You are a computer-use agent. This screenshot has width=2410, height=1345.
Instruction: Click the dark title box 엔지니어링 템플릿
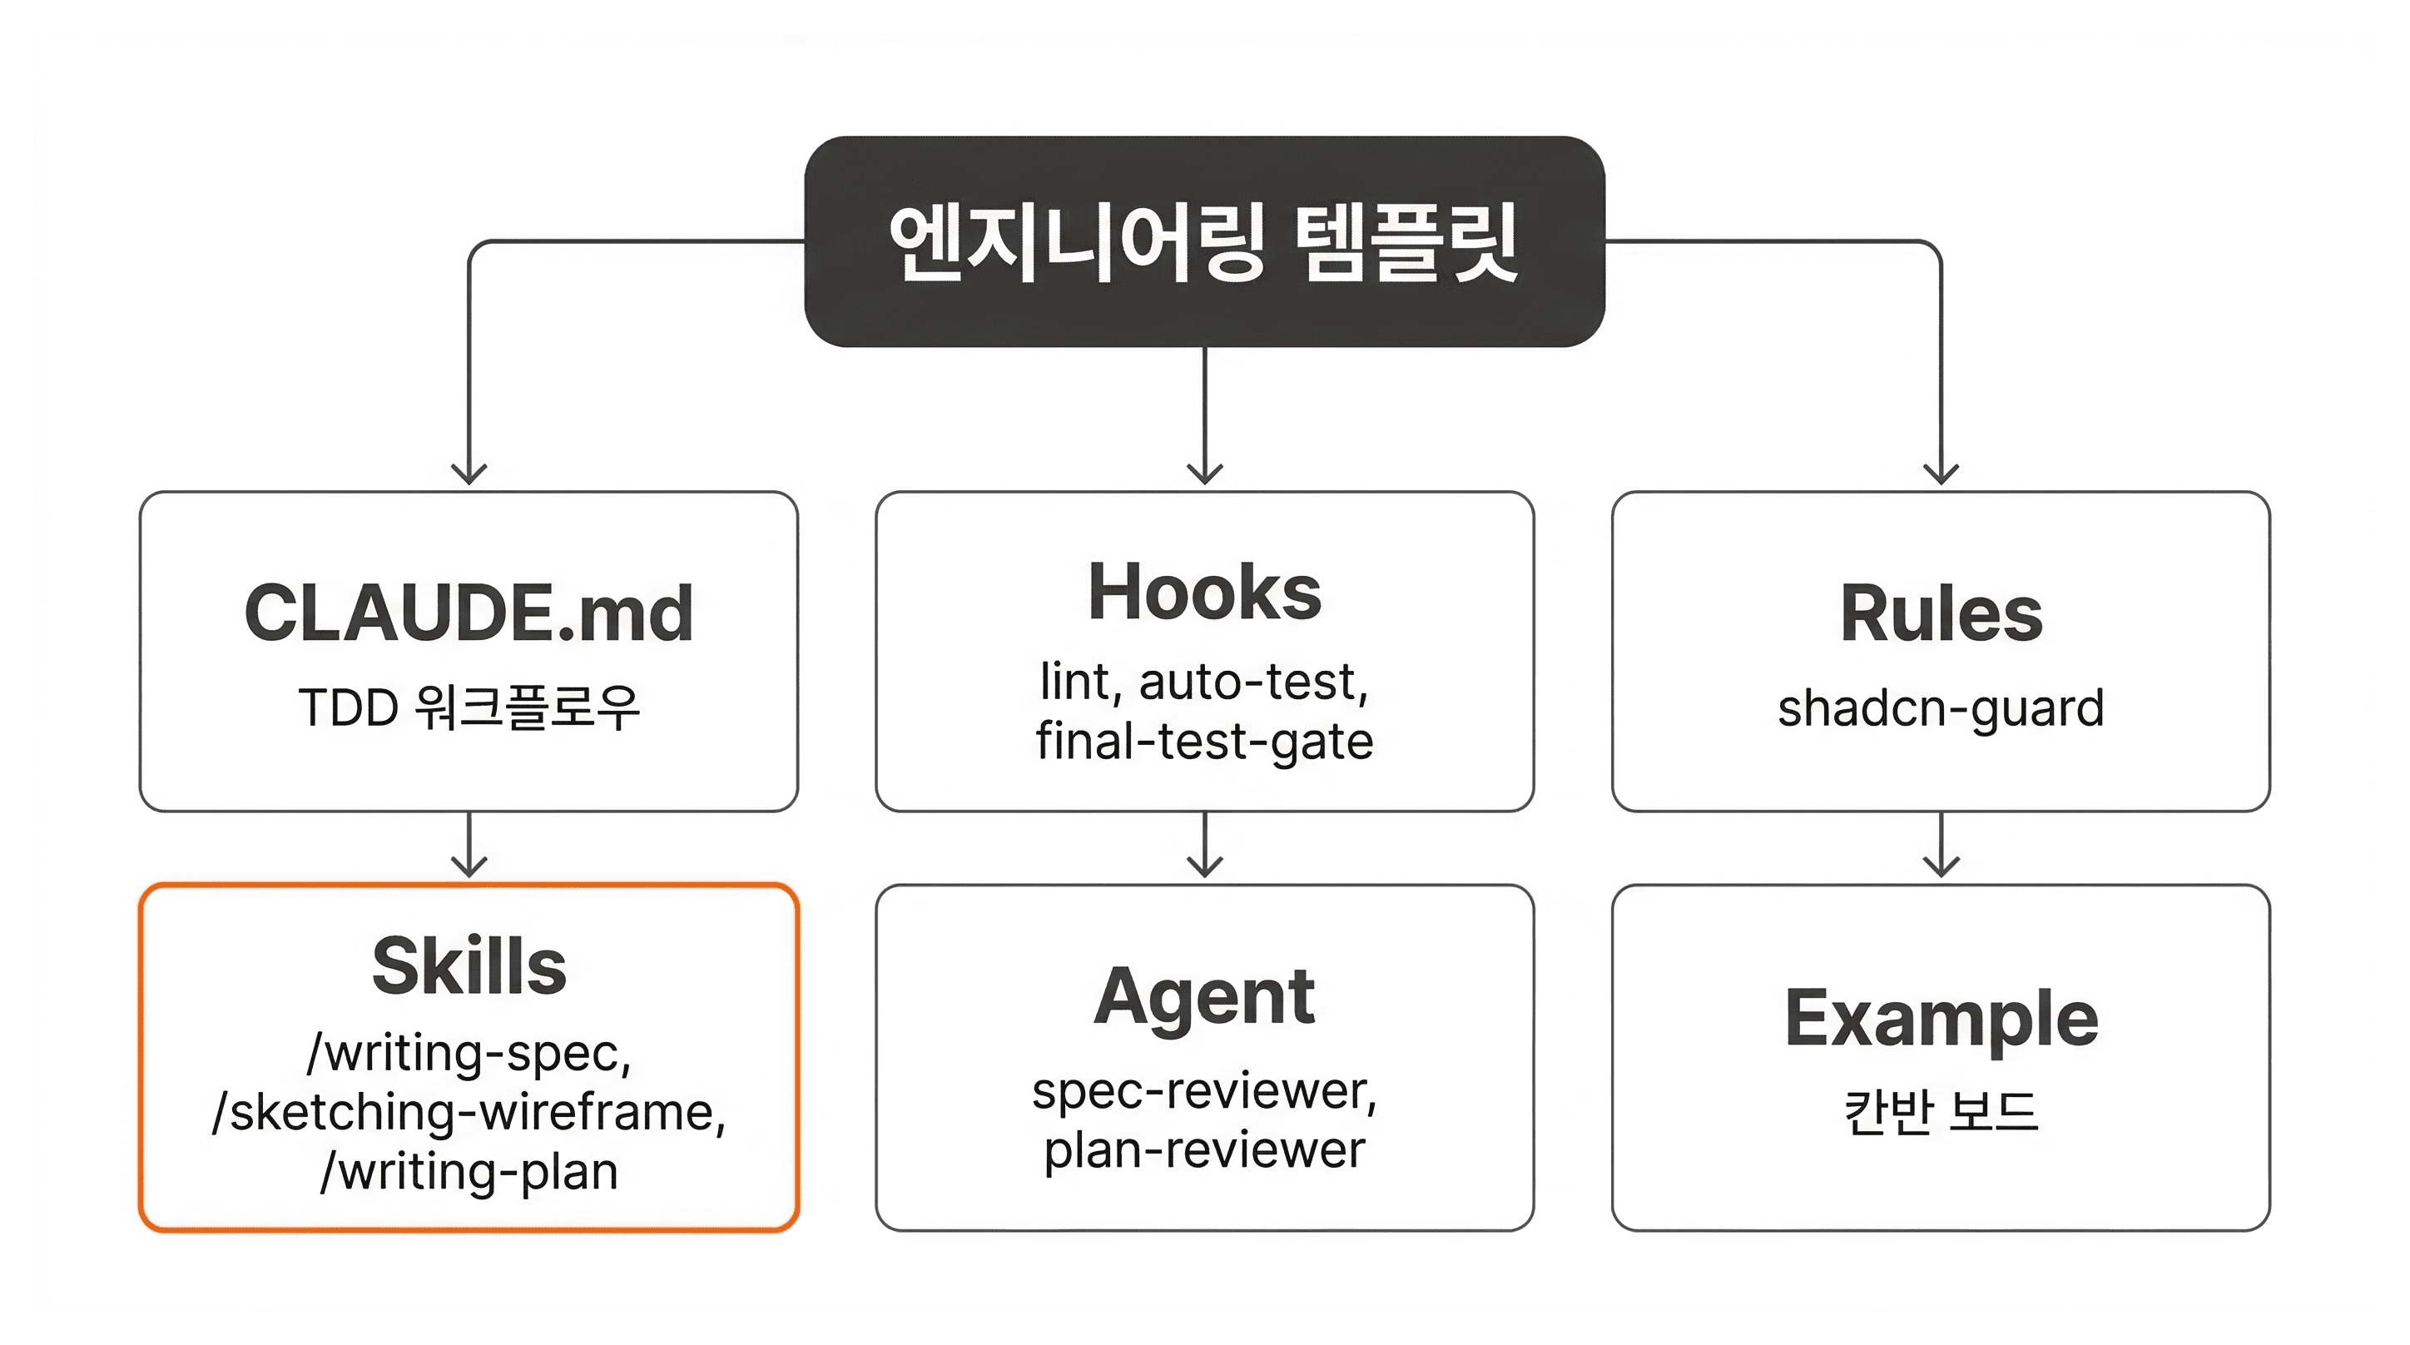click(x=1204, y=241)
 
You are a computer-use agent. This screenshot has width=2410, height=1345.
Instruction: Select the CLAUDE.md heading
click(x=469, y=613)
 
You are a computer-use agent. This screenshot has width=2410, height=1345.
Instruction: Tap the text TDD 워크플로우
click(x=469, y=707)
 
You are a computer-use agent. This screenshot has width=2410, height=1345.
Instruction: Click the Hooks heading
click(x=1204, y=593)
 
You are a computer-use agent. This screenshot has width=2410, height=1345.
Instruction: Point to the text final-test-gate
click(x=1204, y=742)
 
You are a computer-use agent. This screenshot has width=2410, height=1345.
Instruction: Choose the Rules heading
click(x=1941, y=613)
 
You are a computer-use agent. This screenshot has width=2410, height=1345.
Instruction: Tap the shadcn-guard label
click(x=1941, y=707)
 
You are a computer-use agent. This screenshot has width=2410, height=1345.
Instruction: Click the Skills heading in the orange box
click(x=469, y=966)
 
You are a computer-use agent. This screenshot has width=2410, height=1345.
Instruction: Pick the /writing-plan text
click(x=469, y=1172)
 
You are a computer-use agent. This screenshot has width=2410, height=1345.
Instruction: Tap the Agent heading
click(x=1204, y=997)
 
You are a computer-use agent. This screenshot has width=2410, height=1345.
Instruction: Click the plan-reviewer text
click(x=1204, y=1150)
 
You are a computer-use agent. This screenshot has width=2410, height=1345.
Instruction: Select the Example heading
click(x=1941, y=1019)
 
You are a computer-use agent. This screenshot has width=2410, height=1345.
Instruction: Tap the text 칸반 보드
click(x=1941, y=1113)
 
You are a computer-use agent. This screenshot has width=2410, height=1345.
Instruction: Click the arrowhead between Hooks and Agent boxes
click(x=1204, y=866)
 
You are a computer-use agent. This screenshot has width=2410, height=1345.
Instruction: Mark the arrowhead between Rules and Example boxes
click(x=1941, y=866)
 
